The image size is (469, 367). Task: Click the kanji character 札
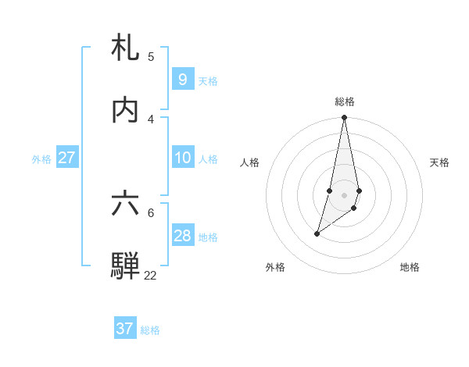[x=125, y=48]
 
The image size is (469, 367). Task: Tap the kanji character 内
[x=125, y=110]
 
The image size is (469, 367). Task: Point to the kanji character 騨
[x=125, y=265]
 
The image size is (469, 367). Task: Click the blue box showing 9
[x=182, y=80]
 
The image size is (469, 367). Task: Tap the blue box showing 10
[x=182, y=158]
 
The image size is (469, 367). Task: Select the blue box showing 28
[x=182, y=236]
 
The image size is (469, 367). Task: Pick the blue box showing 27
[x=66, y=158]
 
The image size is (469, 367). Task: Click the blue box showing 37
[x=125, y=329]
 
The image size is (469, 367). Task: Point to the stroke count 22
[x=150, y=275]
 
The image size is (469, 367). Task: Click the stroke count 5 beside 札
[x=151, y=57]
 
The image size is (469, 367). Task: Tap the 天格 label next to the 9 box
[x=208, y=81]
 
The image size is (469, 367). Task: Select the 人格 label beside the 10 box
[x=208, y=159]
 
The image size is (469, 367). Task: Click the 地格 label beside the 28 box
[x=208, y=237]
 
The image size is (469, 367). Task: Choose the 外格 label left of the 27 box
[x=41, y=159]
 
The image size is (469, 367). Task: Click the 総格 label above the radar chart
[x=345, y=102]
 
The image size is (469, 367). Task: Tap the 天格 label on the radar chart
[x=439, y=162]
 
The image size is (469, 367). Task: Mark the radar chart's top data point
[x=345, y=118]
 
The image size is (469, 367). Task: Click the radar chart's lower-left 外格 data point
[x=317, y=233]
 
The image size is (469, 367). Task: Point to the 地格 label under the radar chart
[x=410, y=267]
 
